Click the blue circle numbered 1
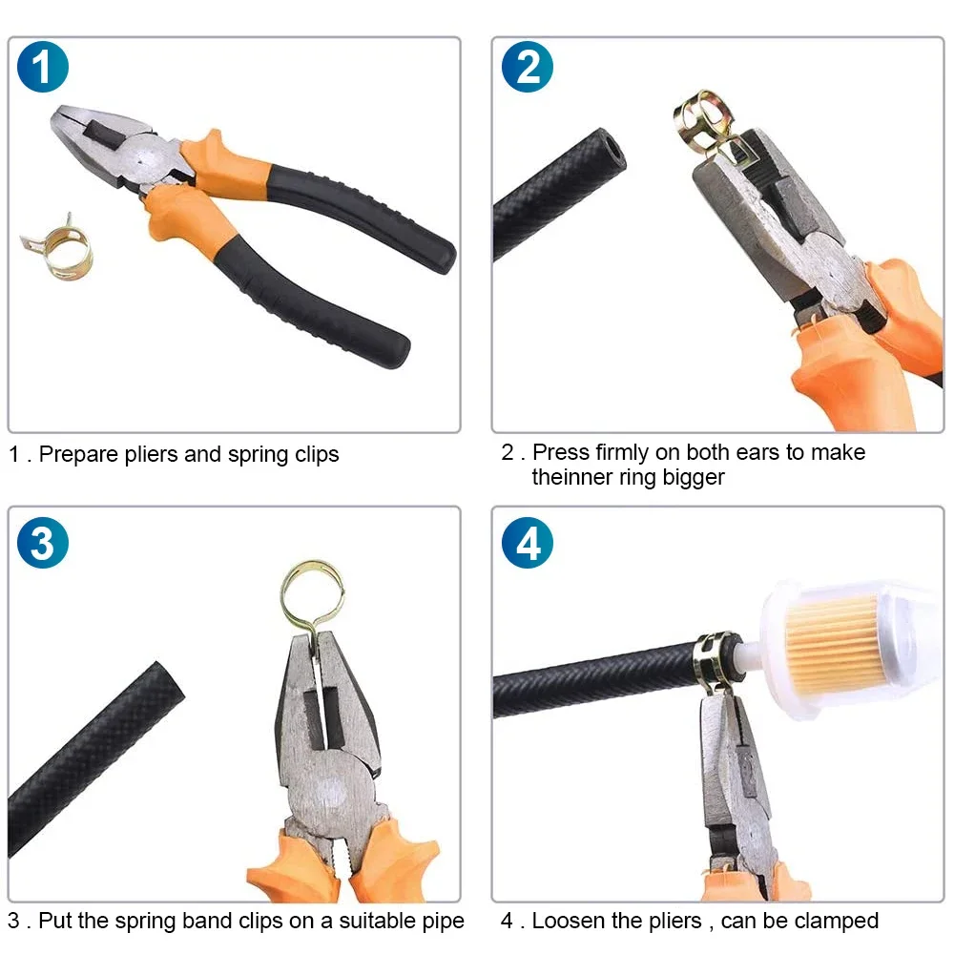43,67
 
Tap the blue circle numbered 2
528,67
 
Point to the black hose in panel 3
95,754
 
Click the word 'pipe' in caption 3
441,923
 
